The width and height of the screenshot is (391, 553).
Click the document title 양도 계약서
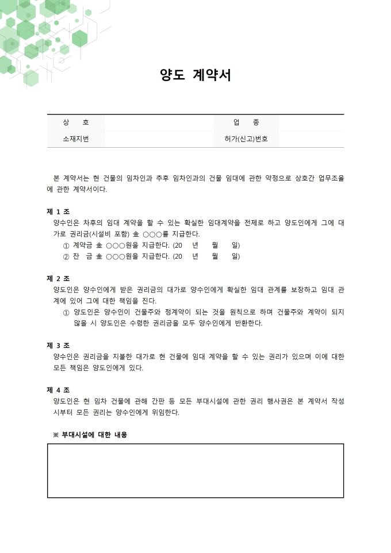[x=195, y=76]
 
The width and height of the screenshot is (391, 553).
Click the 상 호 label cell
[x=76, y=122]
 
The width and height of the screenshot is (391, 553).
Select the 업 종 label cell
[x=246, y=122]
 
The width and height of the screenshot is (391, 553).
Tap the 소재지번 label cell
[x=76, y=139]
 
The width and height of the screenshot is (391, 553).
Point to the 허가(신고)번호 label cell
[x=246, y=139]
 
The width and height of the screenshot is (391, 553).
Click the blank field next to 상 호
[x=159, y=122]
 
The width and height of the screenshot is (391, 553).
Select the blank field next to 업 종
[x=310, y=122]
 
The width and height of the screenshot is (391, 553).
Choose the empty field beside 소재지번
[x=159, y=139]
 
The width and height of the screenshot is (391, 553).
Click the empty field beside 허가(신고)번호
[x=310, y=139]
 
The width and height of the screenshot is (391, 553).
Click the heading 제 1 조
[x=58, y=211]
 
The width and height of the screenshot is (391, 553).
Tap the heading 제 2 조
[x=58, y=278]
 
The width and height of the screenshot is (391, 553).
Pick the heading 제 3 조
[x=58, y=345]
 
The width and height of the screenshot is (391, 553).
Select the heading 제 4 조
[x=58, y=390]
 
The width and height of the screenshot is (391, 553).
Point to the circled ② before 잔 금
[x=66, y=256]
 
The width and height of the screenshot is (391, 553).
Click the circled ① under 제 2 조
[x=66, y=312]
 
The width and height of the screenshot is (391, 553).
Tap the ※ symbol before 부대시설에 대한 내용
[x=56, y=435]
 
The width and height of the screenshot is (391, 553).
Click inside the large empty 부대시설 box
[x=195, y=470]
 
